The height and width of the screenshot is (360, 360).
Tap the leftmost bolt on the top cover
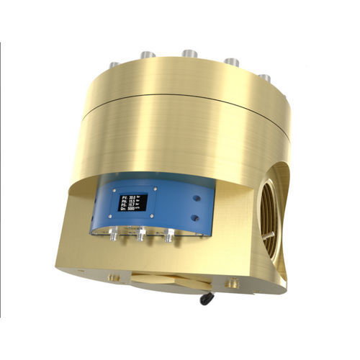(x=114, y=66)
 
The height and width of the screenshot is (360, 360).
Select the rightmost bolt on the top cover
(x=264, y=76)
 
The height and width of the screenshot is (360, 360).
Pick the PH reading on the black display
(x=131, y=199)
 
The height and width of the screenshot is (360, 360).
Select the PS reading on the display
(x=131, y=204)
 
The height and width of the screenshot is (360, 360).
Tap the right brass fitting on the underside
(x=233, y=286)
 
